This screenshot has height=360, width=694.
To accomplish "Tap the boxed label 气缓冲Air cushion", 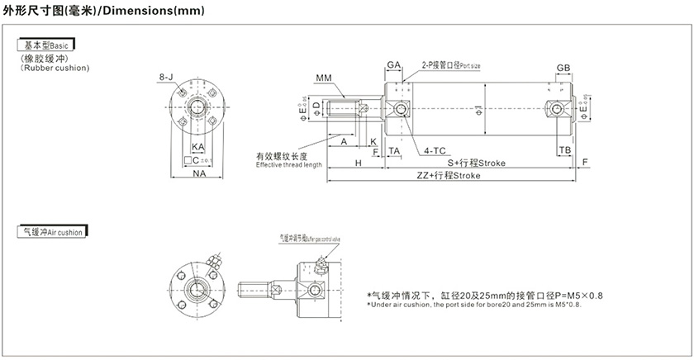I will tap(54, 233).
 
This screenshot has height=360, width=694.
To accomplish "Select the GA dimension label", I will tap(393, 64).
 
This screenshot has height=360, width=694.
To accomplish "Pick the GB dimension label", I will tap(563, 68).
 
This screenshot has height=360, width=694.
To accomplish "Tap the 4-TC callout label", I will tap(435, 151).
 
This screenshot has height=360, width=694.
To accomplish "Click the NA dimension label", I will tap(199, 174).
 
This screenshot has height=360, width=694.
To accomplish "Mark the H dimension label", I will tap(358, 163).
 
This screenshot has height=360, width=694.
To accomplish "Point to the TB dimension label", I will tap(564, 150).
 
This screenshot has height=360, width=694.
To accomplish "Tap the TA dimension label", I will tap(394, 151).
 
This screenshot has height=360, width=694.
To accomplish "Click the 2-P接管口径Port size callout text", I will tap(451, 64).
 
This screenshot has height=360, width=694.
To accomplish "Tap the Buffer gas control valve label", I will tap(311, 238).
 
